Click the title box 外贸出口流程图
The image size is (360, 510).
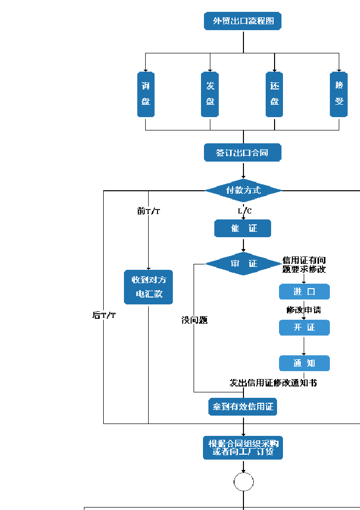pos(243,21)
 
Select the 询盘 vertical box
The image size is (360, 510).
pos(146,94)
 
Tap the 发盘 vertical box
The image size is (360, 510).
pos(210,94)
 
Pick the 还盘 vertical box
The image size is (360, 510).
pos(275,94)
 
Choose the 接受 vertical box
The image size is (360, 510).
pos(339,94)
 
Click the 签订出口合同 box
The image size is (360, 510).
pos(243,153)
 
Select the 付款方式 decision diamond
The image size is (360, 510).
pos(243,190)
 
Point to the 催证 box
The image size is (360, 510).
pos(243,228)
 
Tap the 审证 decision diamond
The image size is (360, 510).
pos(243,264)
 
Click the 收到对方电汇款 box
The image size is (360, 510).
pos(149,287)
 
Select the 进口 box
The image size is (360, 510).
pos(304,292)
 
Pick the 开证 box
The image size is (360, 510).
pos(304,328)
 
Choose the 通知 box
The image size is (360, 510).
pos(304,363)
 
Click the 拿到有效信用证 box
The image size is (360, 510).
pos(243,407)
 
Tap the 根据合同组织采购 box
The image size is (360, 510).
pos(243,448)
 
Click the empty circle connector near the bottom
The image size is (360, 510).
pos(243,482)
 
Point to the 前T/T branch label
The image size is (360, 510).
pos(149,211)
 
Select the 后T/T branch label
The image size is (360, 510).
pos(104,315)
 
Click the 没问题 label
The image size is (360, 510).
pos(194,320)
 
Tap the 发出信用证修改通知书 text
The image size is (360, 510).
pos(273,382)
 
